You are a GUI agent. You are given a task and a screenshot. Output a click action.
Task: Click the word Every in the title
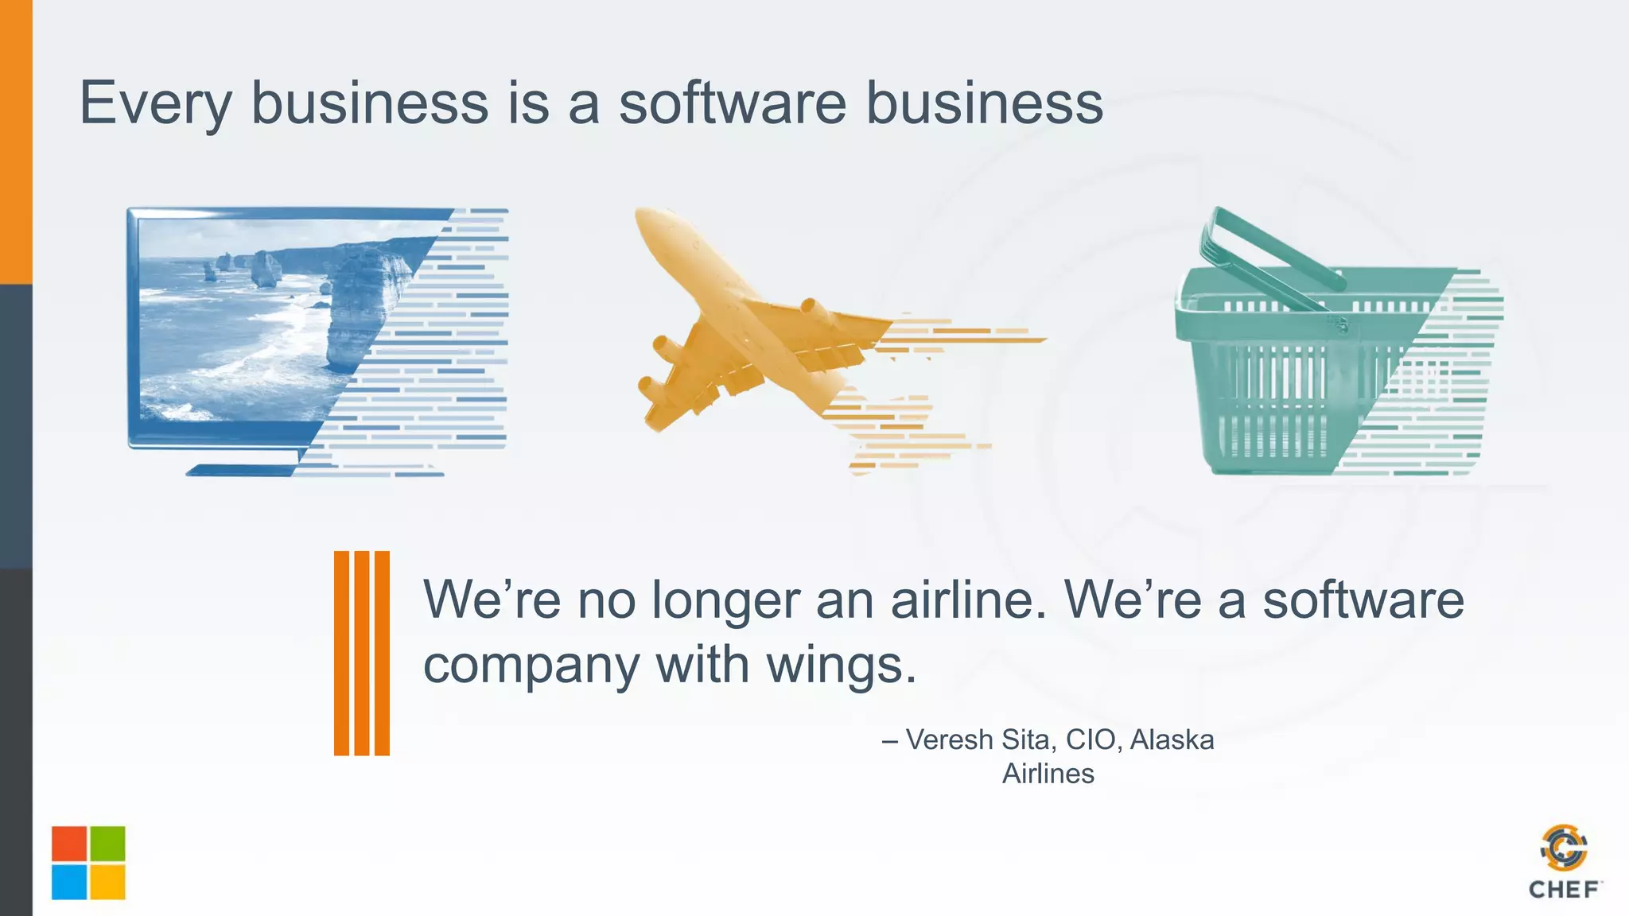[156, 103]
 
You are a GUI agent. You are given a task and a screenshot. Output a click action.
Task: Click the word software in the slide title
[733, 103]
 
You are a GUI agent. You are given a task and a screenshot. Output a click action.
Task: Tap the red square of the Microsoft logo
[69, 844]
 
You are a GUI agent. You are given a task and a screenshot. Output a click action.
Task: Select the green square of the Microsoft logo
[107, 844]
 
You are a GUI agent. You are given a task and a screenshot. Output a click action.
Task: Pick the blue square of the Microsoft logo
[69, 882]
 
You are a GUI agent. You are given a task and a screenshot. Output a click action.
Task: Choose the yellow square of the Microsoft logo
[107, 882]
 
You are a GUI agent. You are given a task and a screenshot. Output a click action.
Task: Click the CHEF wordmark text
[1564, 890]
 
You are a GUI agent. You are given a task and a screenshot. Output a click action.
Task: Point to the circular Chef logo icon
[1564, 848]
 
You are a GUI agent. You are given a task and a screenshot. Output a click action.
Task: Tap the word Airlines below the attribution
[1048, 774]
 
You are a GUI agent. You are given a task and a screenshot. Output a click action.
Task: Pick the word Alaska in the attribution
[1172, 739]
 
